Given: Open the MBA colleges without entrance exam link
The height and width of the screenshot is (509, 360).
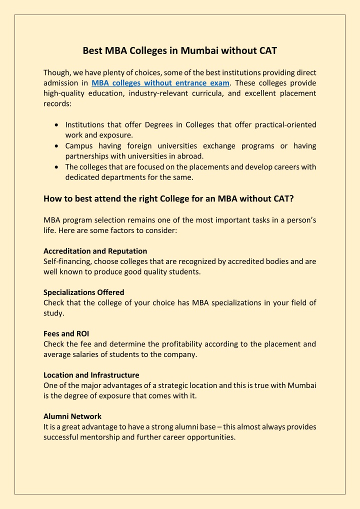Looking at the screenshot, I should coord(160,83).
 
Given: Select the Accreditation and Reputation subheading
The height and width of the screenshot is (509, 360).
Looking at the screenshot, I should coord(95,251).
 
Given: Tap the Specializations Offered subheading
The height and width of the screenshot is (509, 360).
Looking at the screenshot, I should coord(84,292).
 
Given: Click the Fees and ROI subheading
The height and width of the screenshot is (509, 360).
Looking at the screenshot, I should coord(66,333).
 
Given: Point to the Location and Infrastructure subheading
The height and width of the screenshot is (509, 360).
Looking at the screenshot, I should coord(91,375).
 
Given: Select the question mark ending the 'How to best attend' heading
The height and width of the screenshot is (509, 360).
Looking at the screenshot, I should coord(291,198).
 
